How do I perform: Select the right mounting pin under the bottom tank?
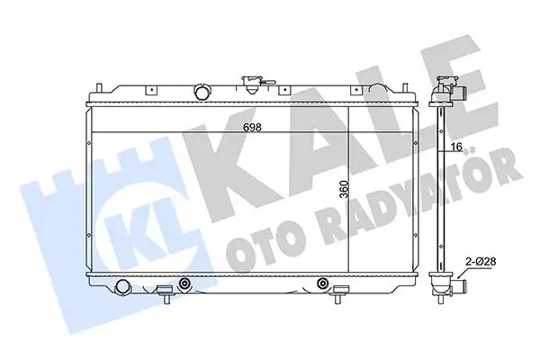pos(339,292)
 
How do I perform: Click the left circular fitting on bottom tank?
pos(185,285)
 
